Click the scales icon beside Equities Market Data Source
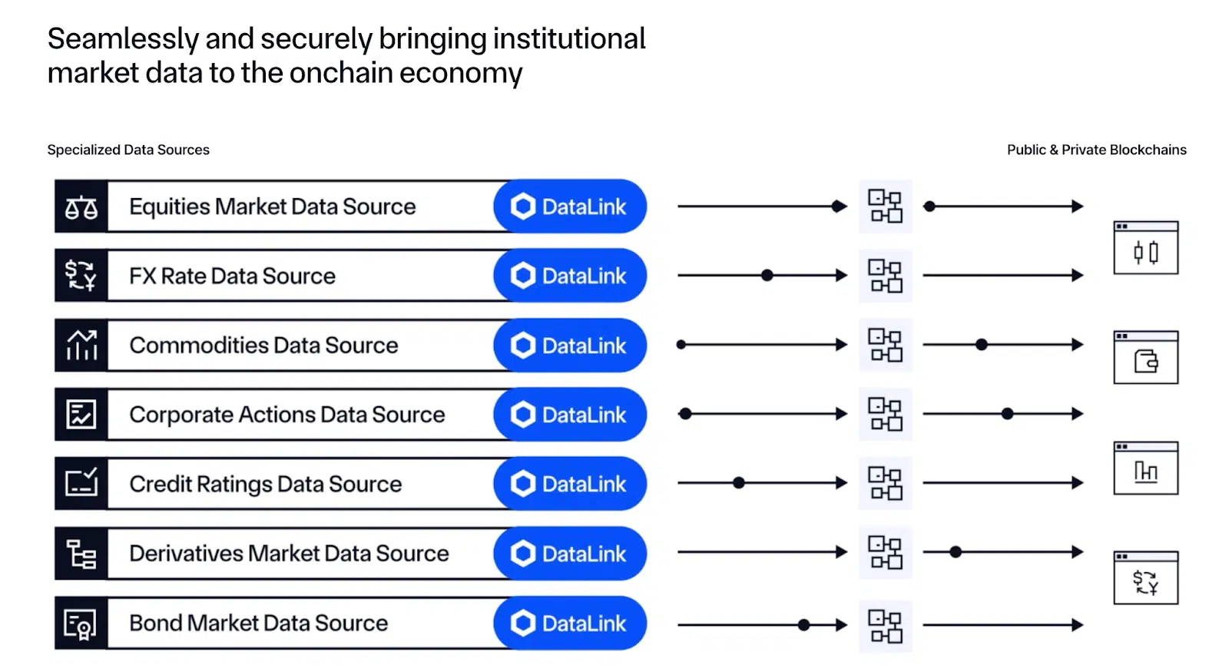(81, 207)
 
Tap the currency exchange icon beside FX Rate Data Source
(81, 276)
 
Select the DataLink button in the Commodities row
(570, 346)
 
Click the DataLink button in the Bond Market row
(570, 623)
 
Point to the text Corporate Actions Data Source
(287, 415)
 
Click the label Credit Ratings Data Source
(265, 484)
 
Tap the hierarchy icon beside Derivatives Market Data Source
(81, 554)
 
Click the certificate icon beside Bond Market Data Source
(81, 624)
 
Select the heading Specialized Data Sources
(128, 150)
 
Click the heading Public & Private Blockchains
(1096, 150)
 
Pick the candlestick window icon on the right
(1145, 248)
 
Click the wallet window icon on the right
(1145, 358)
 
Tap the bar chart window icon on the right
(1145, 468)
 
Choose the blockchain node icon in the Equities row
(885, 206)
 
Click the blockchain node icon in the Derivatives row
(885, 552)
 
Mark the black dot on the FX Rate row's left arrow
(767, 275)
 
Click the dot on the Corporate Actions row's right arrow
(1007, 414)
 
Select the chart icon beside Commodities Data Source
(81, 346)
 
